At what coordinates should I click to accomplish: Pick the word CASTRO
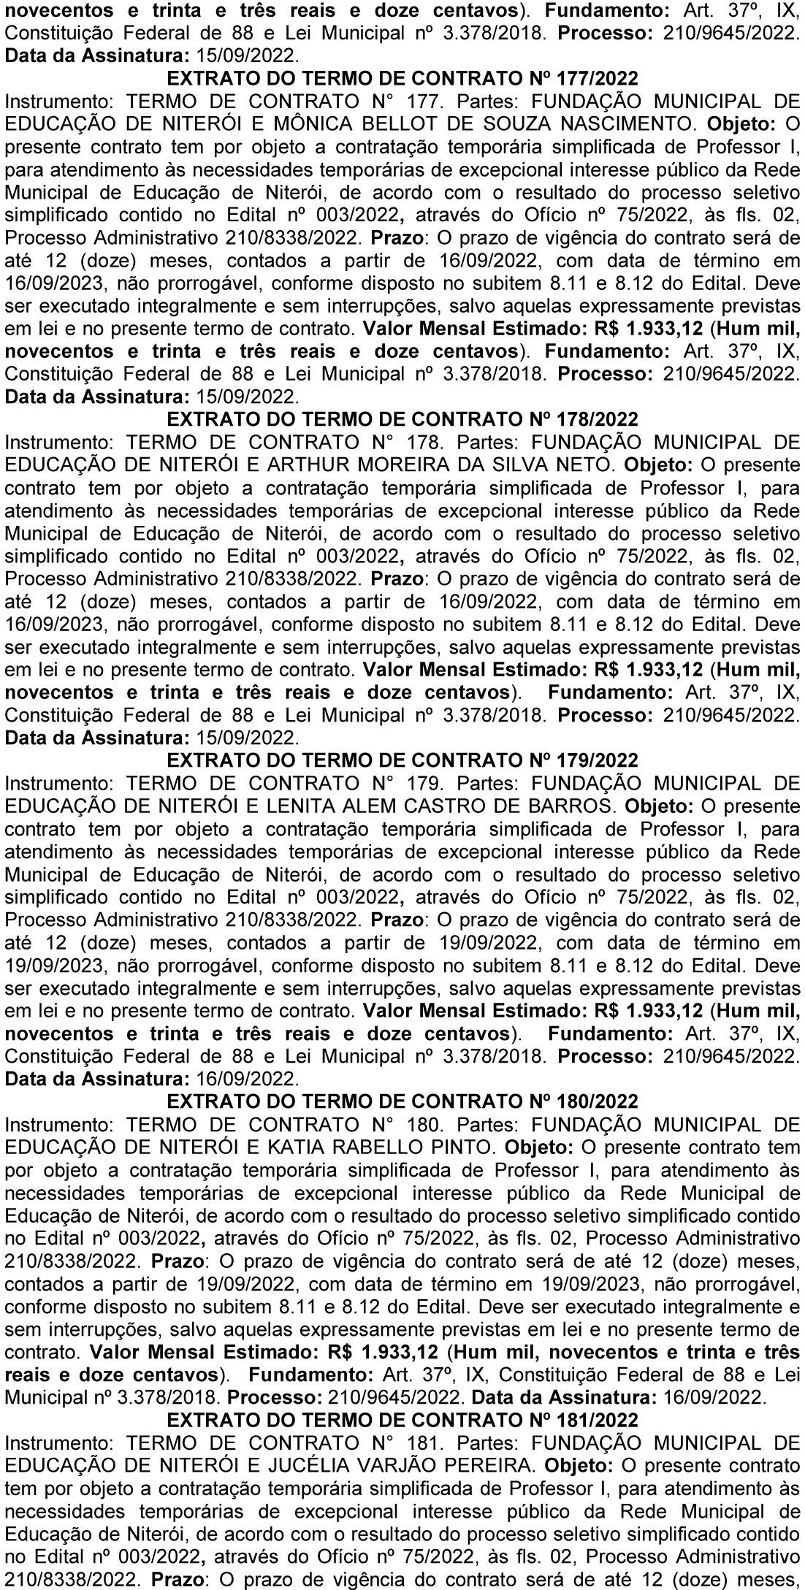[x=452, y=806]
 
